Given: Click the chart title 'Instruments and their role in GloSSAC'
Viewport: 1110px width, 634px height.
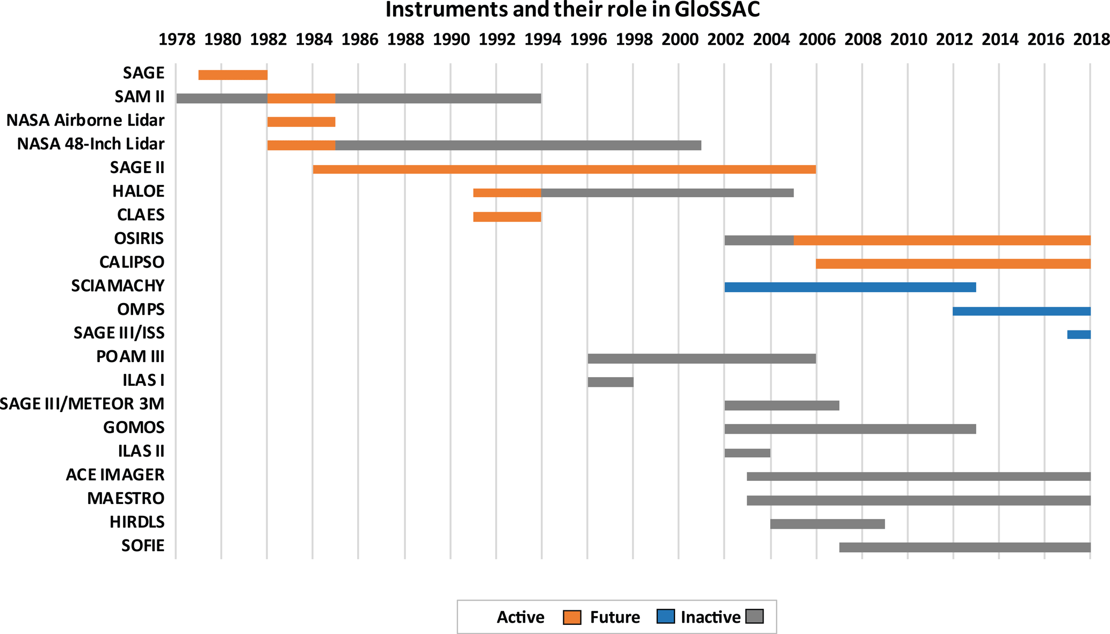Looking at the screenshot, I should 572,10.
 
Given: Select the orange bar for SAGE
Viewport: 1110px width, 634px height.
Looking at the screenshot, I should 233,75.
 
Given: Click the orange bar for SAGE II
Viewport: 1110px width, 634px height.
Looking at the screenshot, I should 564,169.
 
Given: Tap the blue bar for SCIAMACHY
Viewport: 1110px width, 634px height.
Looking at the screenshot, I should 850,287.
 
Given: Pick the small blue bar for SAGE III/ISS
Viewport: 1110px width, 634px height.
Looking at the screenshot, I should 1078,335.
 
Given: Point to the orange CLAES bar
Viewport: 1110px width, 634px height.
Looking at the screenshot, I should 507,217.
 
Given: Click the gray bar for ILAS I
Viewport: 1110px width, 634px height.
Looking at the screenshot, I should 610,382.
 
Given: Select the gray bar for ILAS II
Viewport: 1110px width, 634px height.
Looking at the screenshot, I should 747,453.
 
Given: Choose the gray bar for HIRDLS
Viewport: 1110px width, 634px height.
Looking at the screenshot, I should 827,524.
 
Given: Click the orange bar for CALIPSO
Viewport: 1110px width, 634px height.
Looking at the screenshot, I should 953,264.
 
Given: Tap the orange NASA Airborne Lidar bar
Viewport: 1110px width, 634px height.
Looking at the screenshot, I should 301,122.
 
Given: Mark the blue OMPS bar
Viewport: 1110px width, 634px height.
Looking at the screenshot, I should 1021,311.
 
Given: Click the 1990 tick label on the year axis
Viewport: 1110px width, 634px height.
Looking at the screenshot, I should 451,39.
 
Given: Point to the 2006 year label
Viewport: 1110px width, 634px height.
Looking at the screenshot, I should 817,39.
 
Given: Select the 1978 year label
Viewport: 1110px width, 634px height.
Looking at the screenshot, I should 177,39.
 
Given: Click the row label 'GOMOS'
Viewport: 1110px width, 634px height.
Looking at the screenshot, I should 134,428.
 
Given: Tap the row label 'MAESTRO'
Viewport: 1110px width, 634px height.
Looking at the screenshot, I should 126,499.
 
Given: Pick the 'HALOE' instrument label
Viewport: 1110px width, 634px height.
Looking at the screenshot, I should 138,191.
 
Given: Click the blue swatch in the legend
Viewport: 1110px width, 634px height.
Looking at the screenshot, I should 665,617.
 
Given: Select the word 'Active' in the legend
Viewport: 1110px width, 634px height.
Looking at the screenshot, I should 520,617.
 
